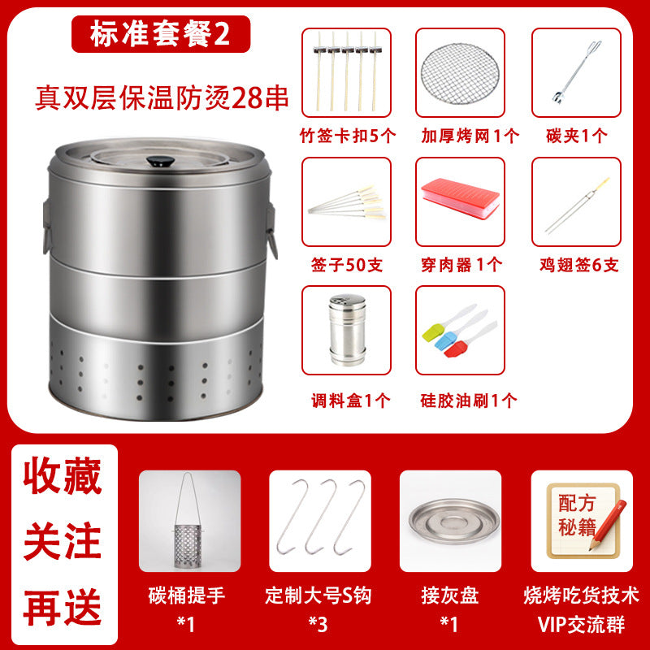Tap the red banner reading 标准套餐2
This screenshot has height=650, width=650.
point(161,34)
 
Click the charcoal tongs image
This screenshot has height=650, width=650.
point(576,71)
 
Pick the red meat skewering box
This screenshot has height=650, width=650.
point(460,197)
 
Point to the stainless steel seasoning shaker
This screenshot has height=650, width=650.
point(348,330)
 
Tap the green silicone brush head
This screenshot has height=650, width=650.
point(431,333)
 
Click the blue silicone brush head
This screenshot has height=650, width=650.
point(444,341)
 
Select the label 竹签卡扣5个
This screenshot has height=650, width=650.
point(348,136)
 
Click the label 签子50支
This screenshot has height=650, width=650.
point(347,265)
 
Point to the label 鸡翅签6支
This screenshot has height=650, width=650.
point(578,265)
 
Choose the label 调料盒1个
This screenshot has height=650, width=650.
point(351,401)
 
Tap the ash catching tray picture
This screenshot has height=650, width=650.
point(454,521)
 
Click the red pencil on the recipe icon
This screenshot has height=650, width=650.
point(608,524)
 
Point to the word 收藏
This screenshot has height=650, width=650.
point(63,475)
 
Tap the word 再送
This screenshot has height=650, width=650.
point(63,607)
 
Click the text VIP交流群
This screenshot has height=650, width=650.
point(581,624)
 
